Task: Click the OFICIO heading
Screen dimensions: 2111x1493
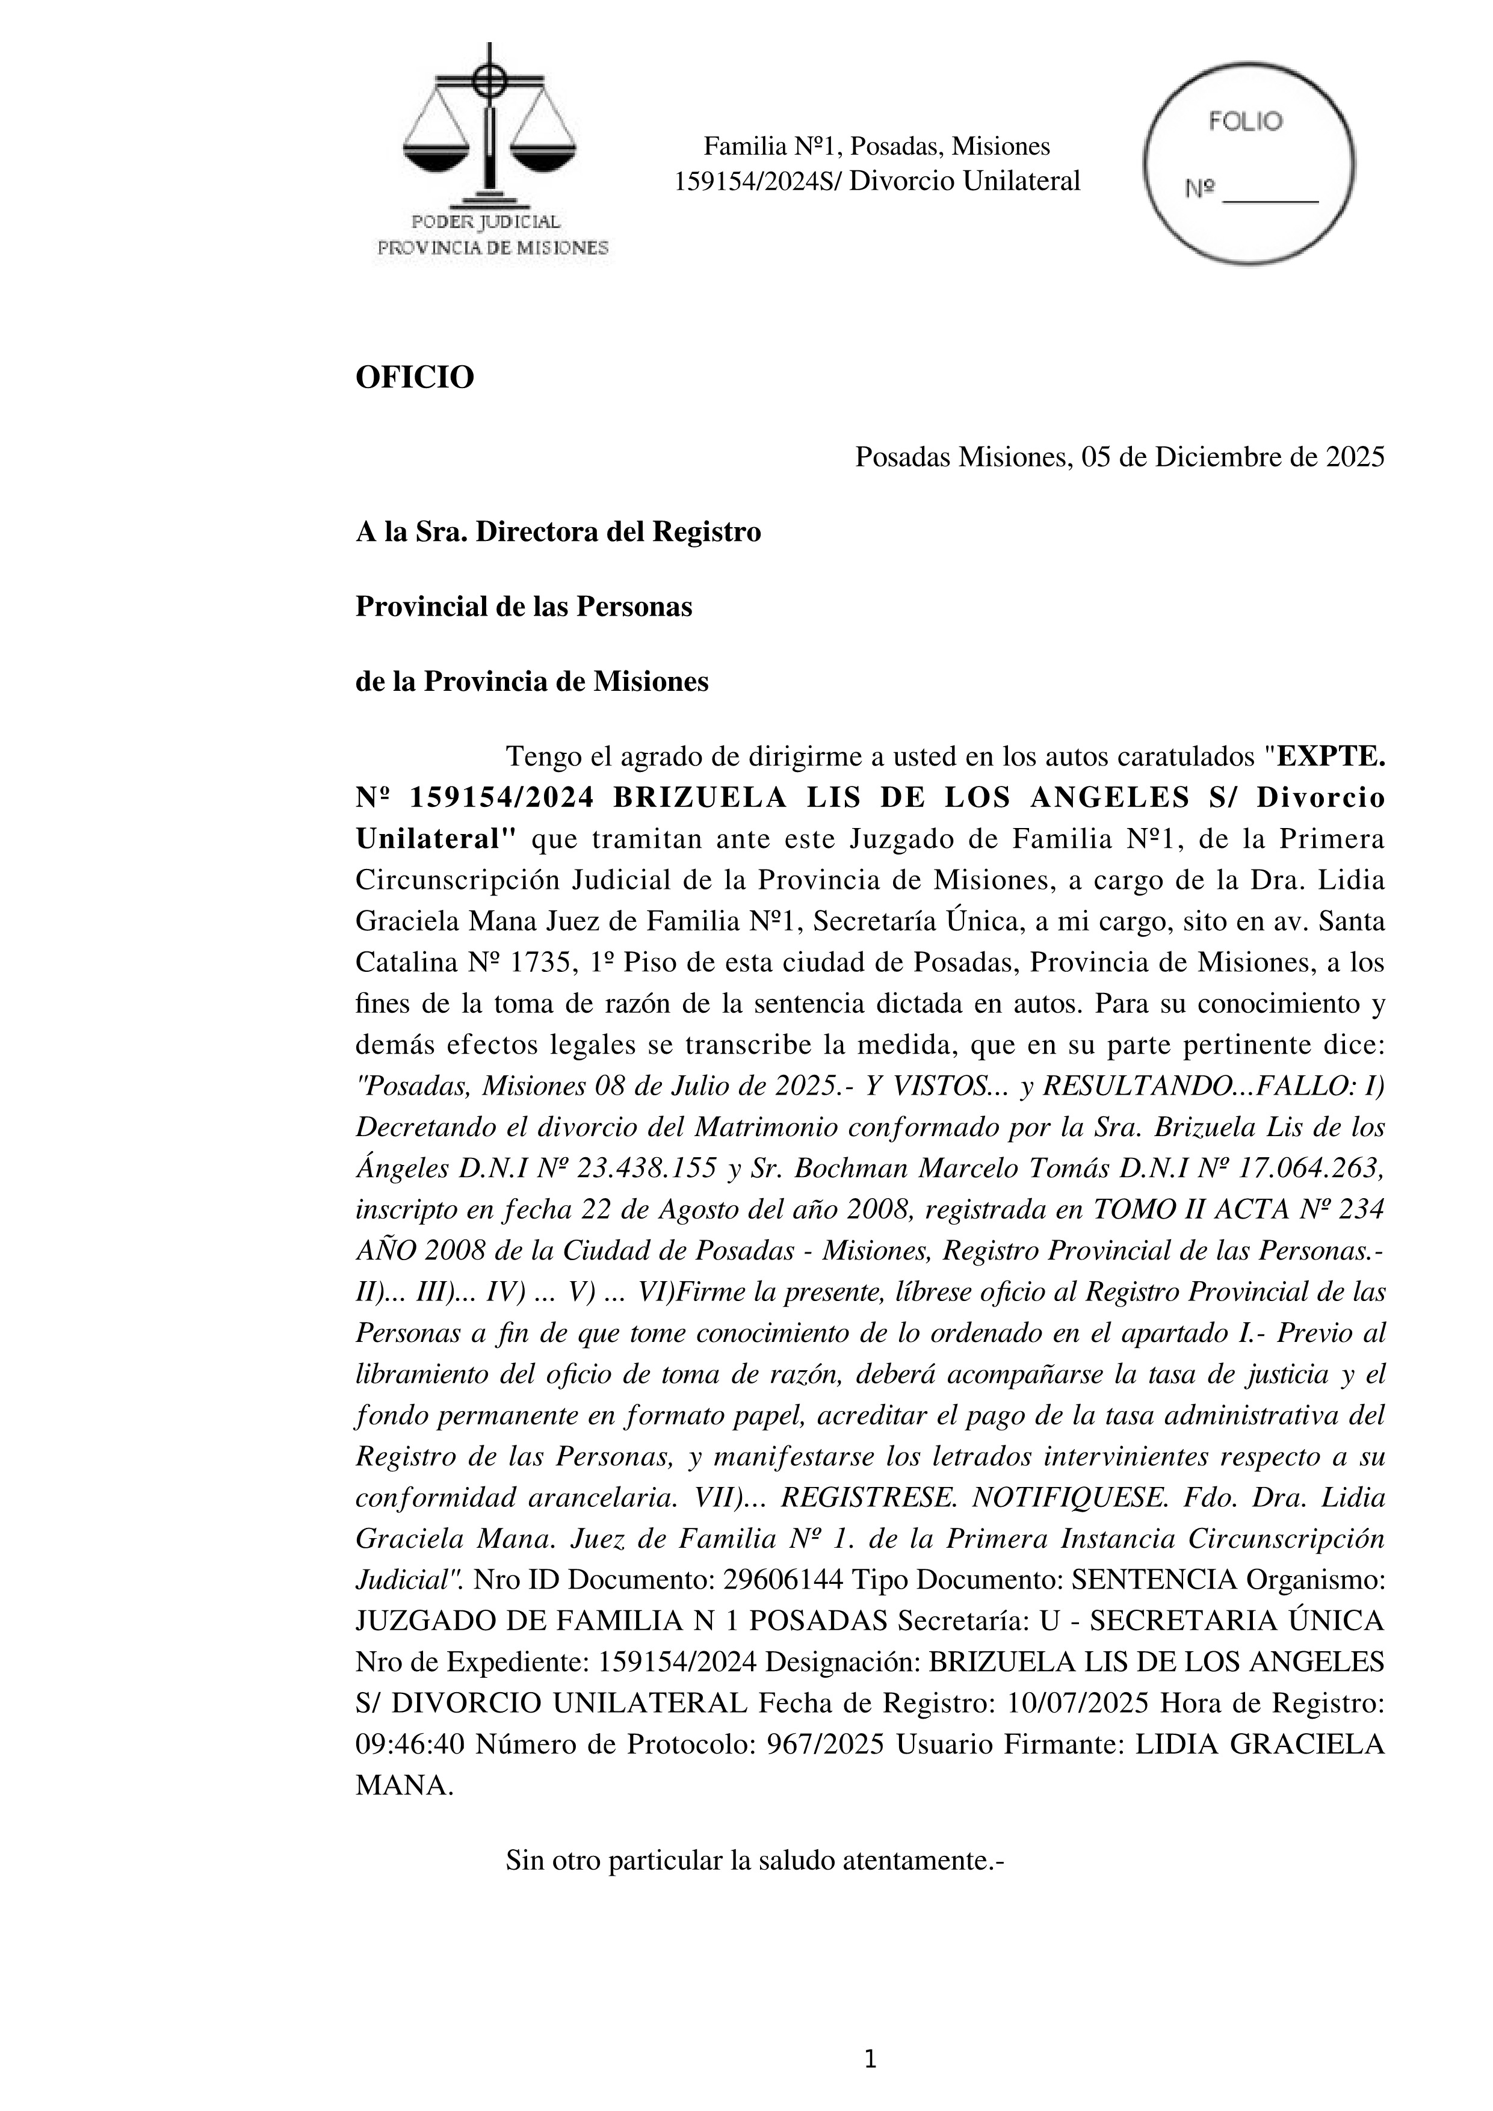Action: (x=415, y=377)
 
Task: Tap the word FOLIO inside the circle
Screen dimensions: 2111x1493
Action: (x=1246, y=122)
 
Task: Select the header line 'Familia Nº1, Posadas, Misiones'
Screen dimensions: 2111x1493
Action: (x=876, y=146)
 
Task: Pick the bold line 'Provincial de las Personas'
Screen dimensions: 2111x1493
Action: (x=523, y=607)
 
